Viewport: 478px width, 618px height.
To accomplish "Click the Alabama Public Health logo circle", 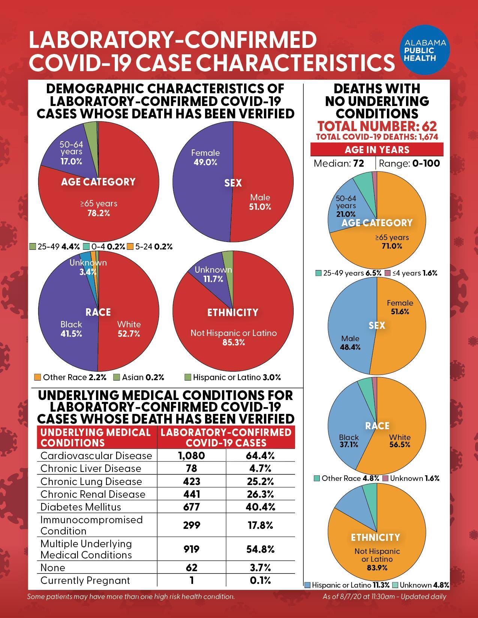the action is pos(425,50).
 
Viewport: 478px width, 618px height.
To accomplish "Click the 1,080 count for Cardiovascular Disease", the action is pos(191,455).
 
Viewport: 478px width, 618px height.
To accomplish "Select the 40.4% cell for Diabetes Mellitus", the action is pos(260,507).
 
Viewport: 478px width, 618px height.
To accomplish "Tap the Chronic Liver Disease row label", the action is pos(91,469).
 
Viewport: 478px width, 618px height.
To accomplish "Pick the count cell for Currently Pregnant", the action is pos(192,580).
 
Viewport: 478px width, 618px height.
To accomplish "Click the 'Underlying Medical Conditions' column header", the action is pos(95,437).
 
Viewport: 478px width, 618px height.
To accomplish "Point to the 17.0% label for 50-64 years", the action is pos(71,161).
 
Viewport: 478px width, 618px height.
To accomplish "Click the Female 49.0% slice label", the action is pos(205,158).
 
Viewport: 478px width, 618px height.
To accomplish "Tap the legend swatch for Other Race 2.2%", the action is pos(37,377).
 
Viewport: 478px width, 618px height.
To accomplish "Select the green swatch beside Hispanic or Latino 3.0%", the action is pos(187,377).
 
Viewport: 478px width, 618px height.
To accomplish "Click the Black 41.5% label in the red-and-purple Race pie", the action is pos(71,329).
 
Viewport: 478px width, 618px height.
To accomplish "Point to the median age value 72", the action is pos(359,163).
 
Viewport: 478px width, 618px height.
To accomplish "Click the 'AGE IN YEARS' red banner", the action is pos(377,149).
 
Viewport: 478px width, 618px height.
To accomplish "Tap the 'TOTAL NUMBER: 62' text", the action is pos(377,126).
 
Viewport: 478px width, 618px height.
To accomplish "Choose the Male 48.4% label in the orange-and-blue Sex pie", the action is pos(350,343).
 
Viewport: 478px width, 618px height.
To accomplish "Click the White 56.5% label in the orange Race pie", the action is pos(400,441).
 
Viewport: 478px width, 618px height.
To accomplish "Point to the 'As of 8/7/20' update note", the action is pos(384,596).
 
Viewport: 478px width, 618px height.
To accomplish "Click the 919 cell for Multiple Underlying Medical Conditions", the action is pos(191,549).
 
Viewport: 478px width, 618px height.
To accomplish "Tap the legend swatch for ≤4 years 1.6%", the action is pos(387,273).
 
